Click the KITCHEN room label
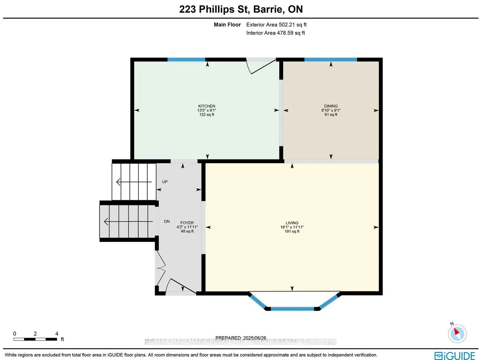pos(206,106)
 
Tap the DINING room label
pos(331,106)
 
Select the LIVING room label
pos(292,223)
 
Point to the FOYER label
pos(187,223)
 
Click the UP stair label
pos(165,182)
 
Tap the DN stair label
pos(167,221)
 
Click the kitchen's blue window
pos(186,60)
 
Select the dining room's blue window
pos(330,60)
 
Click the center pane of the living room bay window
pos(292,309)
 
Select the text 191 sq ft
pos(292,232)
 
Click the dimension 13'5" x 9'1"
pos(206,110)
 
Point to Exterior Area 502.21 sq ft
pos(276,25)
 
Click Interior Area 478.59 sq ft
pos(276,33)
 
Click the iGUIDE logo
pos(454,356)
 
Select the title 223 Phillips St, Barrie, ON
pos(241,9)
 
